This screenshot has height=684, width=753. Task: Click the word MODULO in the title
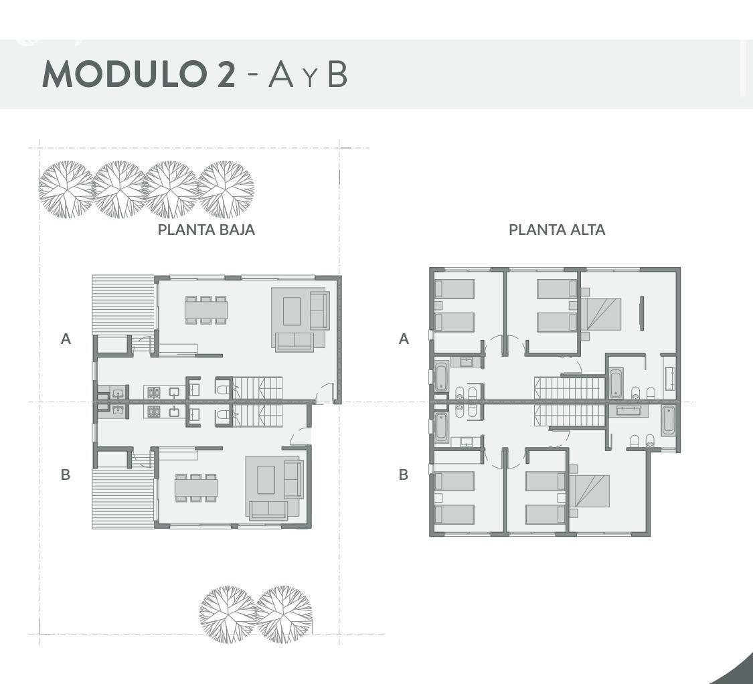pos(126,74)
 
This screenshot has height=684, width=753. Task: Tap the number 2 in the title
pos(226,74)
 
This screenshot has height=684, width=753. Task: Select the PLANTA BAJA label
pos(206,230)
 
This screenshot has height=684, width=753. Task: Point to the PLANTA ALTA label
pos(557,230)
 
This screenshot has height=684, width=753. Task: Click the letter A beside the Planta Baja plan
pos(66,339)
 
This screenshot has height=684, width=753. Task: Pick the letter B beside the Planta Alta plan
pos(404,475)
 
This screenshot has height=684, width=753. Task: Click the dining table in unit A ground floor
pos(206,311)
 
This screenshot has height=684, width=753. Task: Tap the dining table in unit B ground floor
pos(196,488)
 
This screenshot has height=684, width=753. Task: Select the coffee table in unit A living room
pos(292,311)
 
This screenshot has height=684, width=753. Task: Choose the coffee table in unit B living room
pos(266,480)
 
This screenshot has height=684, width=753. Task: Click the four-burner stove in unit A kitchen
pos(154,392)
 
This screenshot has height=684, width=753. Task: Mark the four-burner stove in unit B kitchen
pos(154,412)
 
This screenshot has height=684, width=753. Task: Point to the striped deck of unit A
pos(123,305)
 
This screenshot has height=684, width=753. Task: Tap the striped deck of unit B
pos(123,499)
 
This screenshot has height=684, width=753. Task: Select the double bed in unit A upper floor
pos(601,314)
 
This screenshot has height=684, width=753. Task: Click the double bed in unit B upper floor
pos(589,491)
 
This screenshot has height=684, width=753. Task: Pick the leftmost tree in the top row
pos(66,189)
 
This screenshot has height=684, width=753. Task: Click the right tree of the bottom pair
pos(284,614)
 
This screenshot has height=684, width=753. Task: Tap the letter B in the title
pos(337,75)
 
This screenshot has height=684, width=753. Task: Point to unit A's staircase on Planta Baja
pos(258,388)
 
